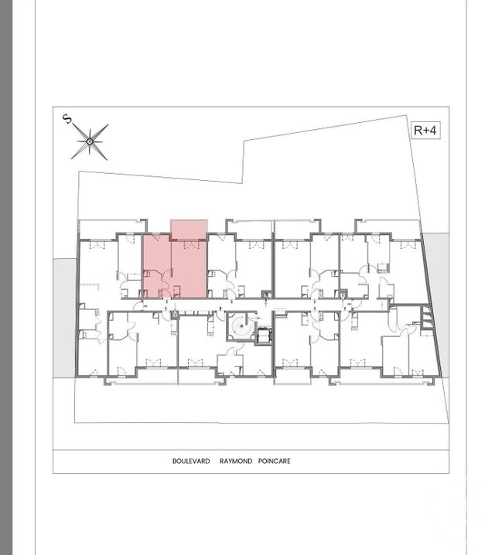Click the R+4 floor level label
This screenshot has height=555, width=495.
(425, 130)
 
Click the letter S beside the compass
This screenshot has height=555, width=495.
(67, 118)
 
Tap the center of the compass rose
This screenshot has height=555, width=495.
(90, 141)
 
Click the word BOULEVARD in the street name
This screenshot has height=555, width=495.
(191, 461)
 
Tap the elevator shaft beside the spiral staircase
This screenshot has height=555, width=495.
(263, 335)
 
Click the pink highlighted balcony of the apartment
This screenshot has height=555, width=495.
(188, 230)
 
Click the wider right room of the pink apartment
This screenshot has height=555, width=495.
(188, 267)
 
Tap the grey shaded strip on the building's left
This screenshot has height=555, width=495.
(64, 317)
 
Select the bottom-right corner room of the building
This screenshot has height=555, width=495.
(422, 352)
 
